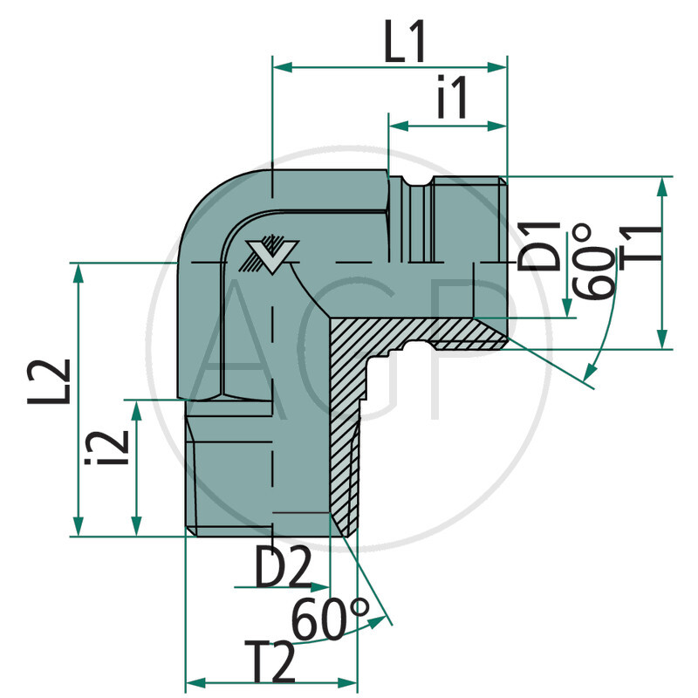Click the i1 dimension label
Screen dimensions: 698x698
[x=453, y=99]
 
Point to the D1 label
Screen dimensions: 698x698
[x=539, y=246]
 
